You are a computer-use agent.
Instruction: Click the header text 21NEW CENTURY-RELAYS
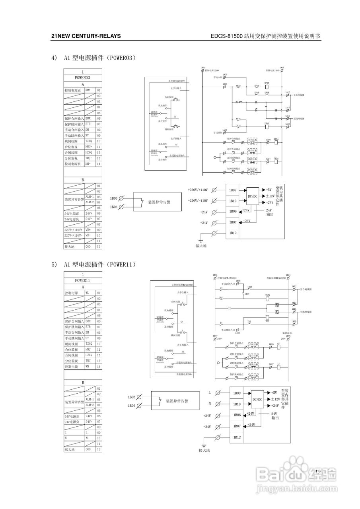point(86,36)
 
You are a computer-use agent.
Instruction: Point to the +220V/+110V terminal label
point(198,190)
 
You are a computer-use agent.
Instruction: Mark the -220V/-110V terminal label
point(198,201)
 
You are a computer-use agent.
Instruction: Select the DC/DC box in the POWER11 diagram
point(257,399)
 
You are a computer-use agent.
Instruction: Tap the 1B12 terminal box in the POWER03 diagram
point(233,233)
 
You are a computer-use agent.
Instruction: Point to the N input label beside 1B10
point(210,404)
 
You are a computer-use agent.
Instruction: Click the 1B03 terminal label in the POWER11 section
point(132,397)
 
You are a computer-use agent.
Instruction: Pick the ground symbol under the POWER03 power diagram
point(201,241)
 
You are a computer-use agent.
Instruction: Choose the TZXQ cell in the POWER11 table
point(89,344)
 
